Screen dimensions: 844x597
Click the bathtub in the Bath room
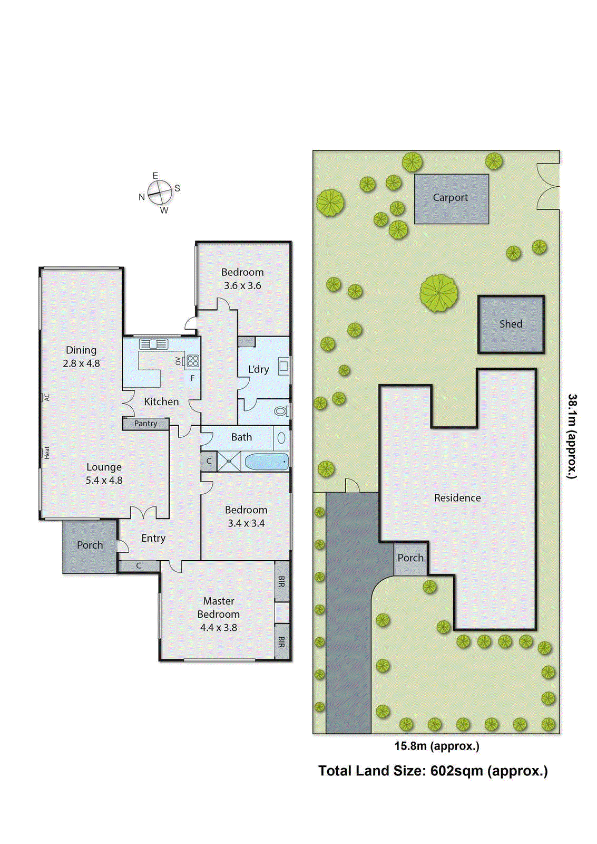(x=267, y=462)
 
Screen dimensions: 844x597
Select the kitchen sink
(x=153, y=344)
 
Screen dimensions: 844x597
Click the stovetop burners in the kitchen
(x=193, y=361)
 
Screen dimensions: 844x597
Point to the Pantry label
(x=145, y=423)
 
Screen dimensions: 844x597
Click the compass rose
(x=160, y=193)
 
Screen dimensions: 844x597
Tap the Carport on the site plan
(x=451, y=198)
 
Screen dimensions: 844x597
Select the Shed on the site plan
(x=511, y=324)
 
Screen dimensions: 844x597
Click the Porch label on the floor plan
(x=90, y=545)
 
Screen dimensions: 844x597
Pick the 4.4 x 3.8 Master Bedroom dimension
(x=218, y=628)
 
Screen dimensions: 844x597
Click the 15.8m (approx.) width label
(x=437, y=746)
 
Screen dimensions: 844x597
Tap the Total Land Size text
(x=433, y=771)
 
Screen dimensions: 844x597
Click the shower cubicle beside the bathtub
(x=229, y=462)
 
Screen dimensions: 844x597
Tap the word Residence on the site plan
(x=457, y=497)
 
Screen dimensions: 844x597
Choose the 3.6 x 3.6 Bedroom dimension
(x=242, y=285)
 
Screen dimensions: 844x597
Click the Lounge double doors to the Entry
(x=143, y=512)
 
